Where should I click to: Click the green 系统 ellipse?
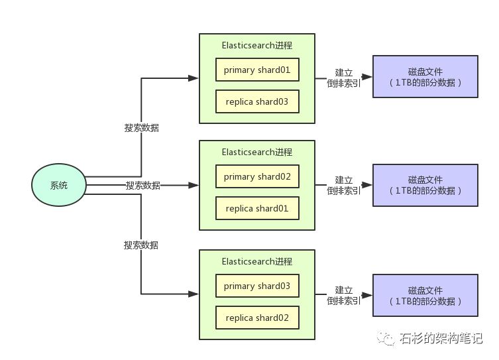point(59,185)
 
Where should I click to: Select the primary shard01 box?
point(257,70)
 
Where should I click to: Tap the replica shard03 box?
point(257,101)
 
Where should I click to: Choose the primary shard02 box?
point(257,176)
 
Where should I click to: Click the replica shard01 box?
point(257,208)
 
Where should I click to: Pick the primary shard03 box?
point(257,286)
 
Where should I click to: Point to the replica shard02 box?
point(257,318)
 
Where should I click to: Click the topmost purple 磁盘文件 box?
point(425,77)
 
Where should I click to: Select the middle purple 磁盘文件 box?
point(425,185)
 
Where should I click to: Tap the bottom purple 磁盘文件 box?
point(425,296)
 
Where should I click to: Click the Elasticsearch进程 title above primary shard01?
point(257,46)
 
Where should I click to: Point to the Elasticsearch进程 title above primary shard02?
point(257,152)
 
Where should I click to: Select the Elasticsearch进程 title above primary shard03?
point(257,262)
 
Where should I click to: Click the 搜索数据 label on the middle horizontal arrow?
point(143,185)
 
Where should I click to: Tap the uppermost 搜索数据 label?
point(142,128)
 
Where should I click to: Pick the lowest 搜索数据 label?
point(141,245)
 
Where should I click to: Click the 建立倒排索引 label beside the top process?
point(344,78)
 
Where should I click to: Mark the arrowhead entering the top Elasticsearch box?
point(193,78)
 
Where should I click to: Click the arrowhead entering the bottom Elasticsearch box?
point(193,294)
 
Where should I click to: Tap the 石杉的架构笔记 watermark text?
point(441,338)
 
